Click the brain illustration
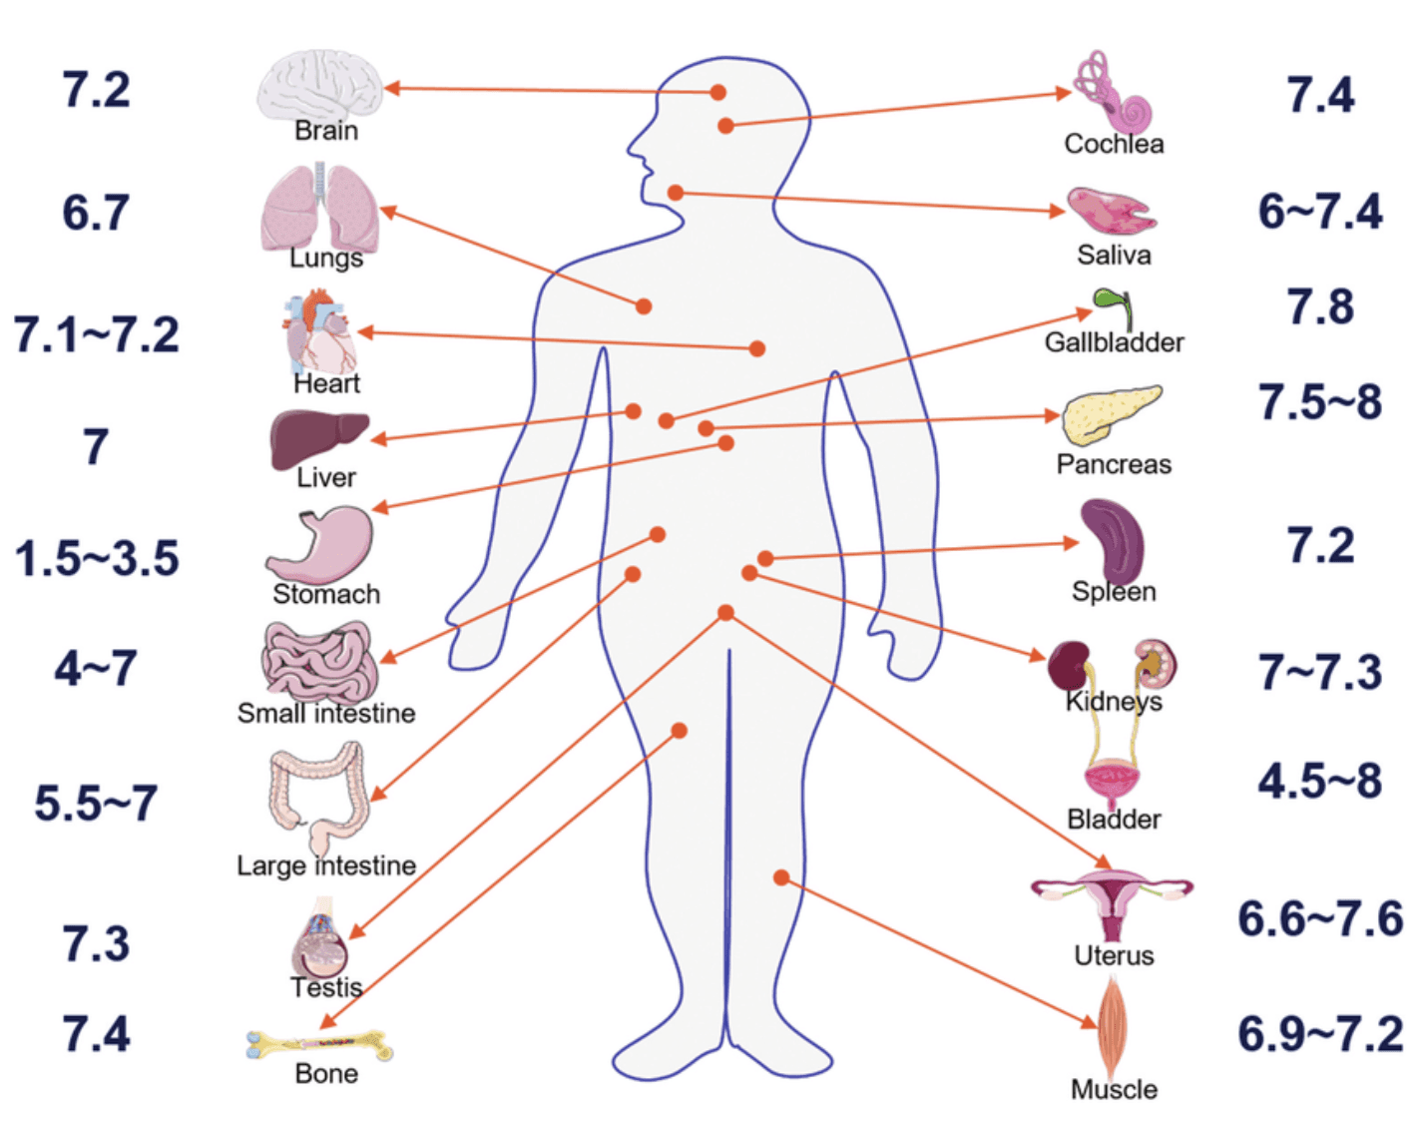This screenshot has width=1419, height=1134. (x=319, y=86)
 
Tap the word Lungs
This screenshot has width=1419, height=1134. (x=325, y=259)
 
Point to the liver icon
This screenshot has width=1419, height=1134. (x=317, y=437)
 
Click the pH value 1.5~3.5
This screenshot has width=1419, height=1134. (x=97, y=558)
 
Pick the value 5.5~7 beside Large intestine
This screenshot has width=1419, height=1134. (x=96, y=803)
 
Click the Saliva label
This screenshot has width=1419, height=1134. (x=1114, y=256)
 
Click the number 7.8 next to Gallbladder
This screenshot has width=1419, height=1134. (x=1319, y=306)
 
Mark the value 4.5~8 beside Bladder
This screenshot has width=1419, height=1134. (x=1319, y=781)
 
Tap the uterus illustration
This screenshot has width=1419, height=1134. (x=1112, y=902)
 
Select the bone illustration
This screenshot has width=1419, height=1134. (x=319, y=1045)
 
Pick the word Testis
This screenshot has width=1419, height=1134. (x=326, y=988)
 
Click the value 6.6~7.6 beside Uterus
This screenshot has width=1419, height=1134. (x=1319, y=918)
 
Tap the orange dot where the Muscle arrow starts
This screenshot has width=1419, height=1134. (x=781, y=877)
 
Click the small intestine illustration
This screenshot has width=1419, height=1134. (x=319, y=661)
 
